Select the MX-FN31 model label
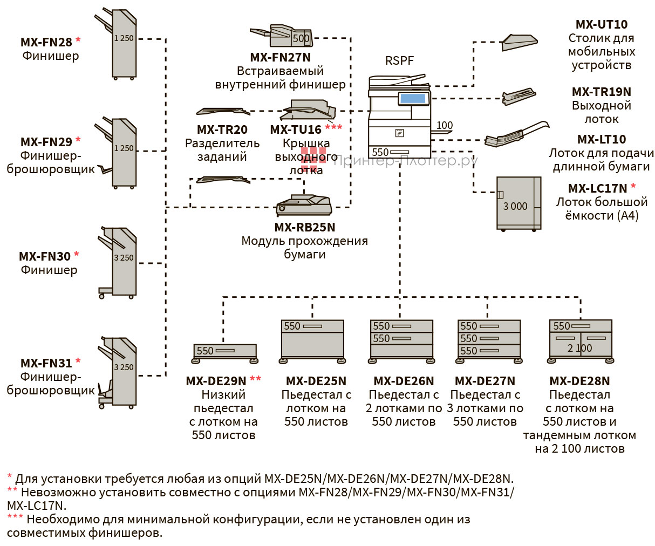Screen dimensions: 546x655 pyautogui.click(x=46, y=363)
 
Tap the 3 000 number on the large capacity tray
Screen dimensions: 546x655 pyautogui.click(x=515, y=206)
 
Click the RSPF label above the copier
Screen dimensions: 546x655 pyautogui.click(x=399, y=61)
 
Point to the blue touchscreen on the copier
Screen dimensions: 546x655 pyautogui.click(x=413, y=98)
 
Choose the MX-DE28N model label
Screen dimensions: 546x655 pyautogui.click(x=579, y=381)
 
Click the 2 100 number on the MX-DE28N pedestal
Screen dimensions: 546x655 pyautogui.click(x=579, y=349)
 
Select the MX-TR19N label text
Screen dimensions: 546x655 pyautogui.click(x=601, y=92)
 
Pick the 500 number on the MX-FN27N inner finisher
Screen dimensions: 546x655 pyautogui.click(x=301, y=39)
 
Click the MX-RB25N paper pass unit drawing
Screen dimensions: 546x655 pyautogui.click(x=304, y=206)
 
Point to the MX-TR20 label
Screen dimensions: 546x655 pyautogui.click(x=222, y=129)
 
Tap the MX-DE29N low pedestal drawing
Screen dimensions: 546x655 pyautogui.click(x=224, y=352)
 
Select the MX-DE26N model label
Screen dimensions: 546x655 pyautogui.click(x=403, y=381)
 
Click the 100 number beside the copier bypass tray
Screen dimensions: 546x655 pyautogui.click(x=445, y=125)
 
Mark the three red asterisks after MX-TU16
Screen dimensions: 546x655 pyautogui.click(x=333, y=127)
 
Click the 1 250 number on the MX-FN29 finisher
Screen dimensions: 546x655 pyautogui.click(x=124, y=148)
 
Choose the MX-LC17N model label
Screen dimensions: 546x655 pyautogui.click(x=597, y=188)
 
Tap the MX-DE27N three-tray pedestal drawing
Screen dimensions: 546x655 pyautogui.click(x=489, y=340)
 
